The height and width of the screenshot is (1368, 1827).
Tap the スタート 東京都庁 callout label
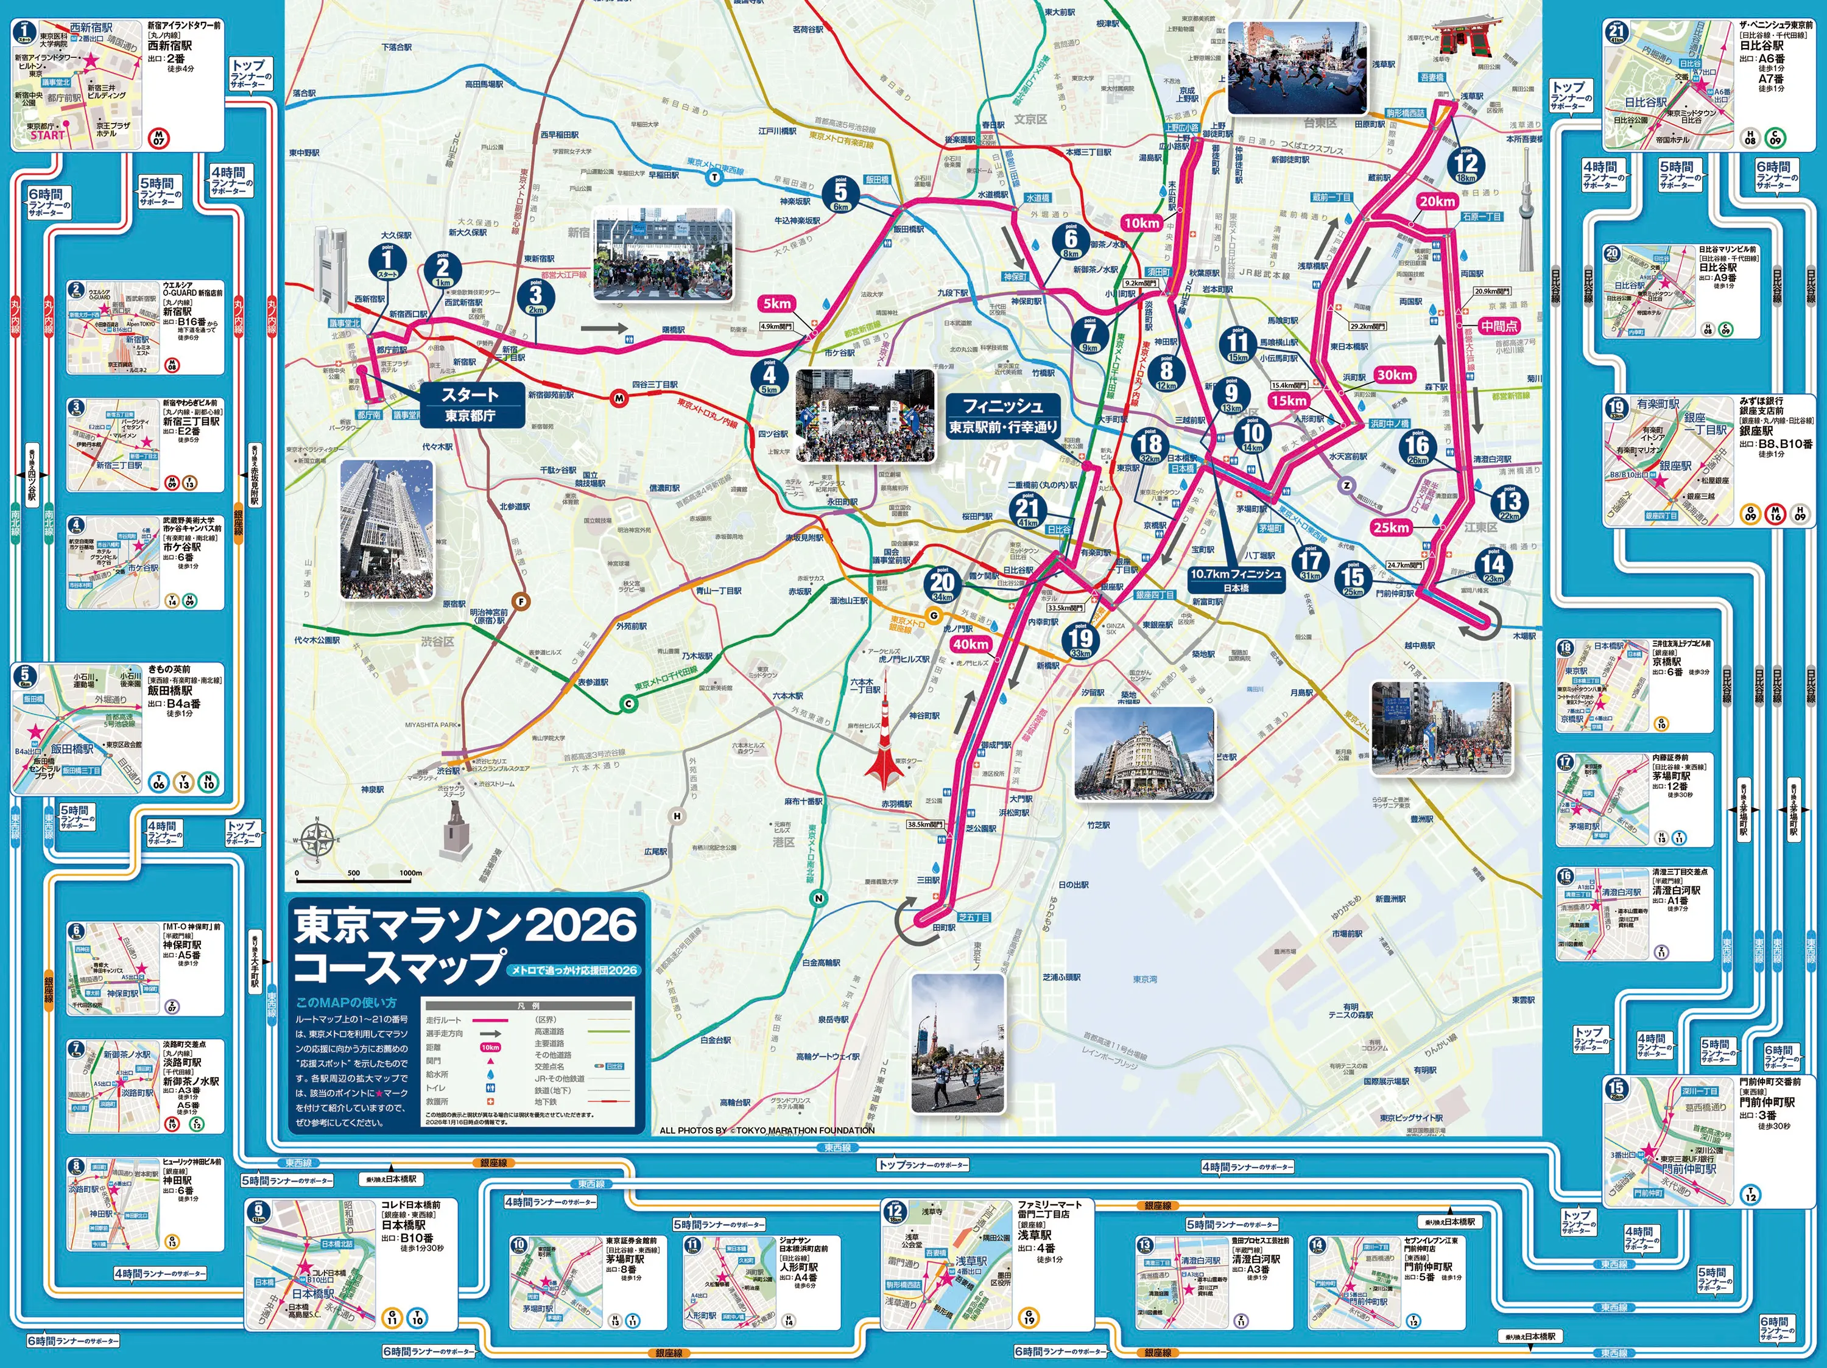click(x=470, y=404)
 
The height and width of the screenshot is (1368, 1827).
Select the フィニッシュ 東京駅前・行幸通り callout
click(x=1002, y=416)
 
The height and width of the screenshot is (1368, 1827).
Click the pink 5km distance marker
click(x=776, y=303)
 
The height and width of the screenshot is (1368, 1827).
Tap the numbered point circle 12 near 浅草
click(x=1466, y=164)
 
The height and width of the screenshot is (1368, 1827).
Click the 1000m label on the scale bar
click(x=410, y=872)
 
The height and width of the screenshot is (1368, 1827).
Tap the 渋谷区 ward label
click(x=437, y=642)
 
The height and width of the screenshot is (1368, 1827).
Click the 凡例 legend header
click(x=528, y=1006)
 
